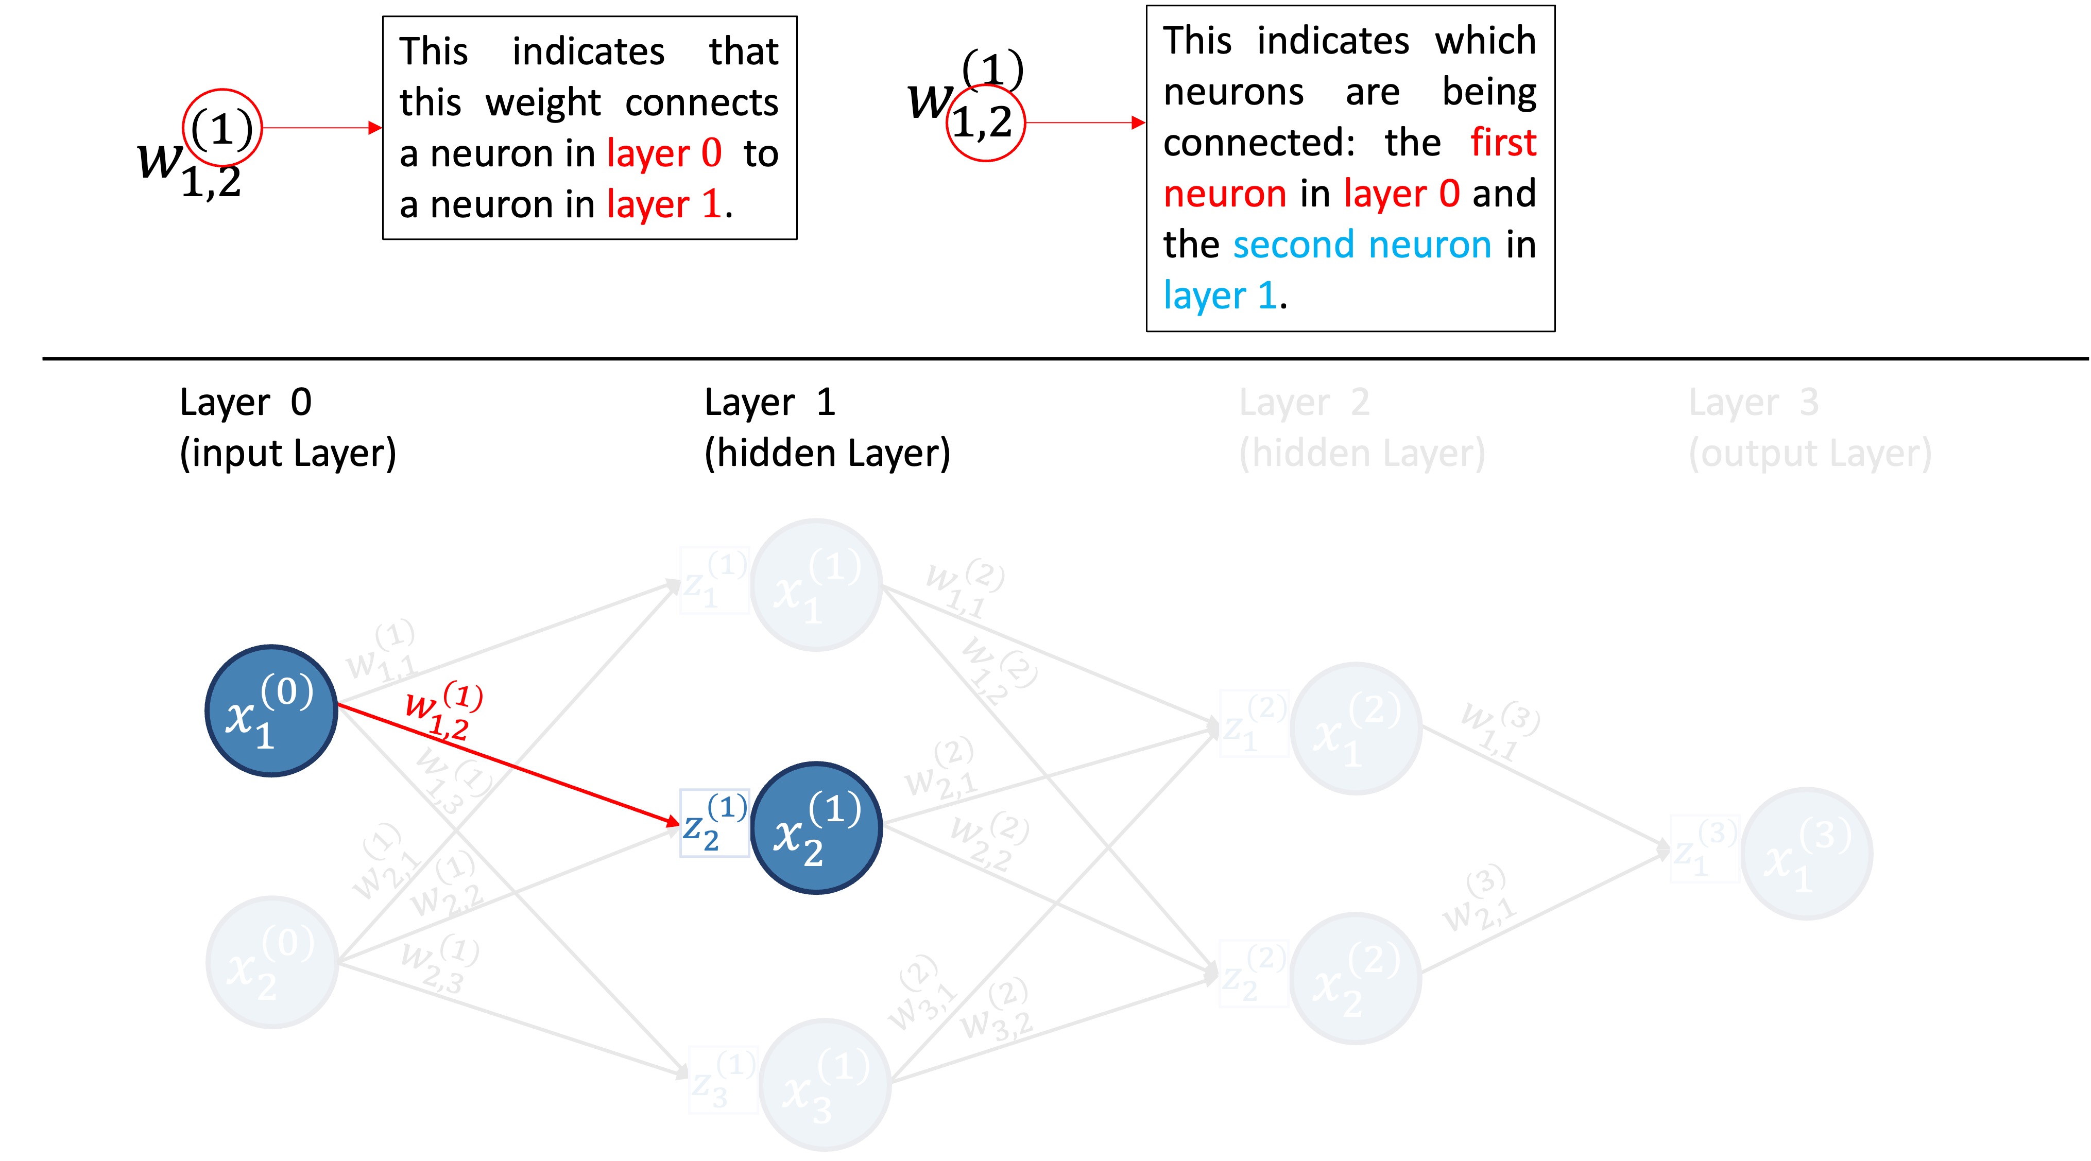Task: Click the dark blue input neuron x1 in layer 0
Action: tap(271, 711)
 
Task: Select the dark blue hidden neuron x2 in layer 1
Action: tap(817, 827)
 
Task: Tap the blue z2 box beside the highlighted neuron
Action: tap(713, 823)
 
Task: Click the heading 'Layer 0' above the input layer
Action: tap(245, 402)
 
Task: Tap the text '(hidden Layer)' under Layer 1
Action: tap(826, 453)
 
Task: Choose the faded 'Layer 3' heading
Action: tap(1753, 402)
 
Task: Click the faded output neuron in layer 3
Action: tap(1806, 854)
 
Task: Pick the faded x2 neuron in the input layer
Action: tap(271, 962)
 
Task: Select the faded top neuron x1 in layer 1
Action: tap(817, 585)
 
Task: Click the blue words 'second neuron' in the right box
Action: tap(1361, 244)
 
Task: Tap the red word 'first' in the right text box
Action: tap(1502, 143)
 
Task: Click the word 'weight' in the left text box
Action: tap(543, 103)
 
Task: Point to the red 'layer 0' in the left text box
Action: tap(664, 153)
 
